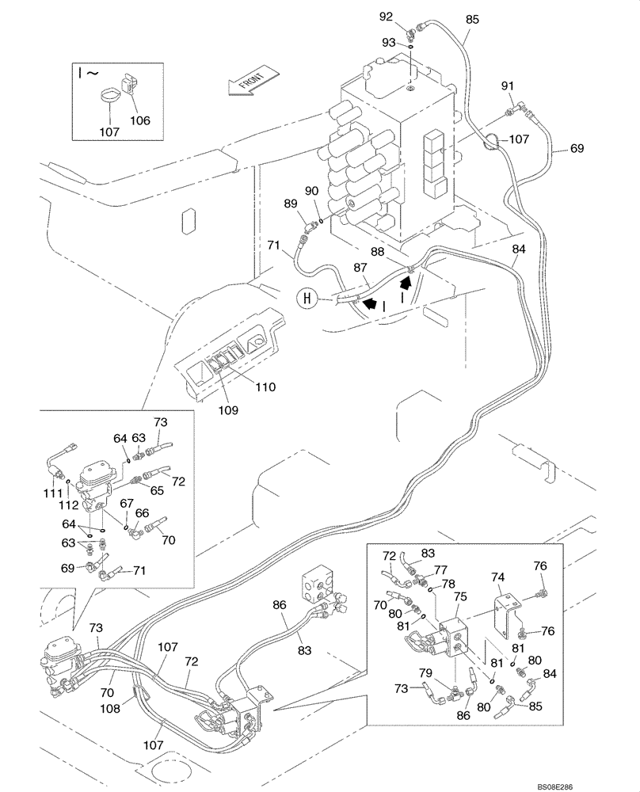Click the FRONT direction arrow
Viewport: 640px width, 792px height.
coord(252,81)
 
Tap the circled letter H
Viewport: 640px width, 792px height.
coord(305,299)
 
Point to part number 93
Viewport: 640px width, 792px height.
coord(388,42)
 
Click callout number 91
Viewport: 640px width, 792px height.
coord(508,86)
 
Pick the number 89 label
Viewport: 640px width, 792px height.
coord(292,204)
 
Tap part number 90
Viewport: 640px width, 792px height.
coord(310,191)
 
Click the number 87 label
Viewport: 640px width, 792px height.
coord(360,268)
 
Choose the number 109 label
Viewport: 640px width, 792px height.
coord(229,410)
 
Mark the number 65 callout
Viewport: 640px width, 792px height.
coord(157,491)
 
